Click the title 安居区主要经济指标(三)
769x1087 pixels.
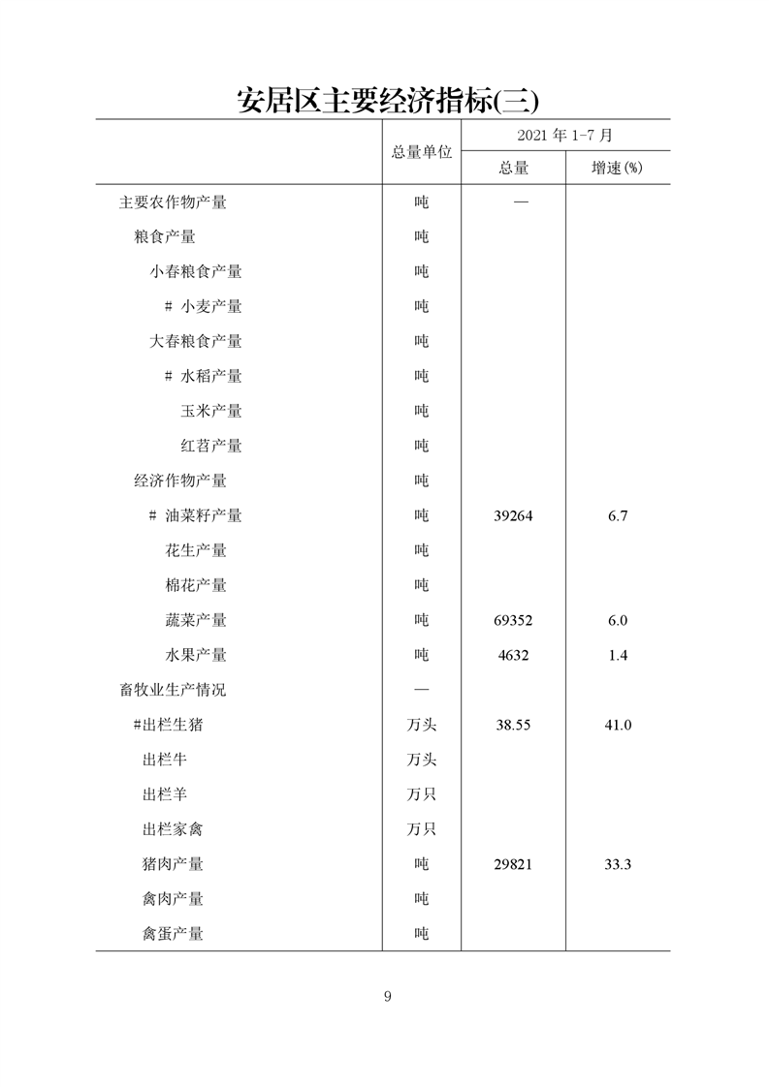click(387, 100)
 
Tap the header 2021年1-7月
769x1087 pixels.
click(564, 135)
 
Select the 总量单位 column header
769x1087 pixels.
click(422, 152)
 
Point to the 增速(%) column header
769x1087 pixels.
click(618, 168)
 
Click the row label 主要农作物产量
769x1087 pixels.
click(173, 202)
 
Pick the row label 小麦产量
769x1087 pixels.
click(210, 306)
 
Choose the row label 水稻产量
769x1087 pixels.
click(210, 376)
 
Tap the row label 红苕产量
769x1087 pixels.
click(210, 446)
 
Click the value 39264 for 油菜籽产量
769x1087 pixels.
click(513, 516)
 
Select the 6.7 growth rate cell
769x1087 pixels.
click(618, 516)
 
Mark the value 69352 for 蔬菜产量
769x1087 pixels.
click(513, 621)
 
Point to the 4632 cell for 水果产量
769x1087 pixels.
click(513, 656)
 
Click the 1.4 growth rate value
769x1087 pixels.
click(618, 656)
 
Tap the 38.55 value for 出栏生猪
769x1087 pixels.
click(513, 726)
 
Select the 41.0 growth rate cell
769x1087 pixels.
click(618, 726)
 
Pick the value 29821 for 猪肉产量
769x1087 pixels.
click(513, 865)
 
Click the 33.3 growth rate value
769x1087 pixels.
click(618, 865)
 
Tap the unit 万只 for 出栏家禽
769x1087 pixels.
click(421, 829)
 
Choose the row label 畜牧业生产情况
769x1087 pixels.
click(173, 690)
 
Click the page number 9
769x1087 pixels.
click(387, 997)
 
